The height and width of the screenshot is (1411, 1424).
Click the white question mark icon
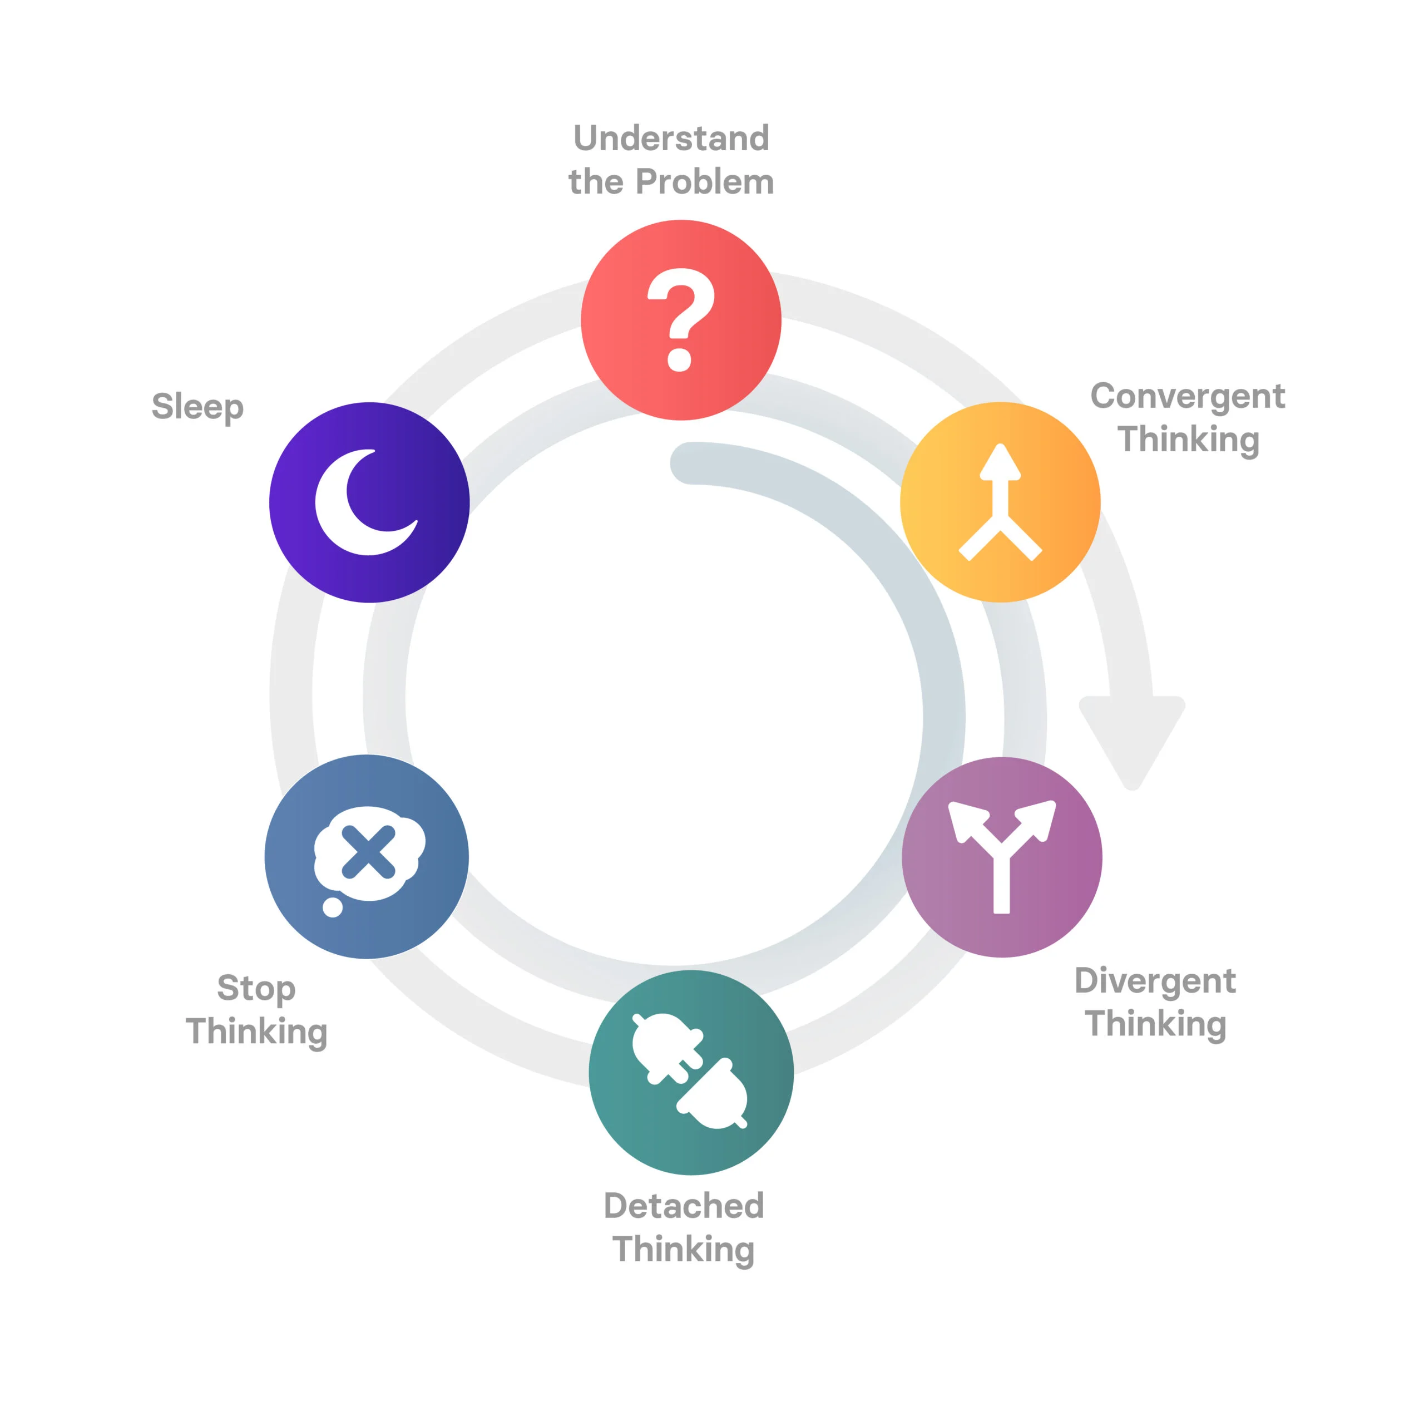click(x=680, y=319)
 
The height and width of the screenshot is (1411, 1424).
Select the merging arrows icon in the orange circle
click(x=1000, y=504)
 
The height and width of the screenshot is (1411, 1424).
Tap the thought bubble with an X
click(x=369, y=853)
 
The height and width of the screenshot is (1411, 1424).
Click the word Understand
click(x=671, y=138)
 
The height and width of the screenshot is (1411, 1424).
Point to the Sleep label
click(x=197, y=407)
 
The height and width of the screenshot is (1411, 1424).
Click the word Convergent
click(x=1188, y=396)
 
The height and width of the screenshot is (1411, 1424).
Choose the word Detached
click(x=683, y=1206)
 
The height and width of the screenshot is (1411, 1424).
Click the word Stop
click(x=256, y=989)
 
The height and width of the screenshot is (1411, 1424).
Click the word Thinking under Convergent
click(x=1188, y=440)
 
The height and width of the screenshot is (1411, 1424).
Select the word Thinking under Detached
click(x=683, y=1250)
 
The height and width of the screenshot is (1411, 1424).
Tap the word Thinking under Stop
click(x=256, y=1032)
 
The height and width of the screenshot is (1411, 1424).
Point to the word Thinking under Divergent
click(x=1155, y=1025)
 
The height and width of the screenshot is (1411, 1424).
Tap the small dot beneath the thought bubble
click(x=333, y=907)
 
